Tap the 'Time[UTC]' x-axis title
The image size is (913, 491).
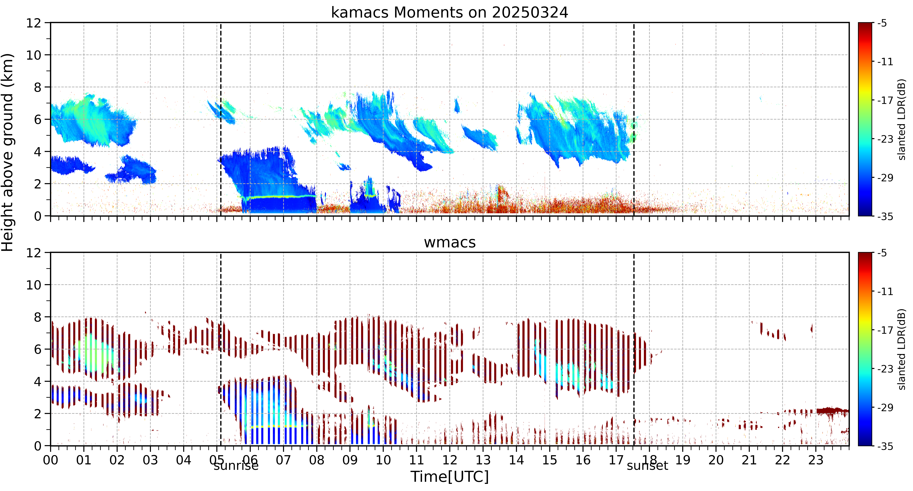tap(449, 477)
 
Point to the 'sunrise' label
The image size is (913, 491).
tap(236, 465)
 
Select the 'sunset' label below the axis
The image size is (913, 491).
tap(647, 465)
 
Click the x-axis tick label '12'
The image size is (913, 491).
tap(449, 460)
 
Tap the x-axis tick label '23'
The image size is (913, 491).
tap(816, 460)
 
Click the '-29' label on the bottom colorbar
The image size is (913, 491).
tap(885, 407)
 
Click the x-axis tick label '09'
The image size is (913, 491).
tap(350, 460)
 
